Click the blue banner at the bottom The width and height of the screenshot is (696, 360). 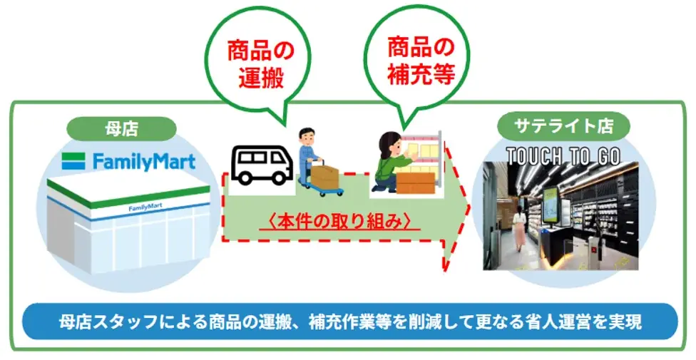click(x=349, y=322)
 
